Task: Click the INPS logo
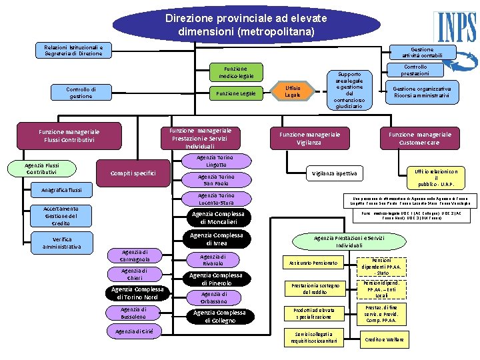455,26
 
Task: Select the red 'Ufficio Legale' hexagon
293,92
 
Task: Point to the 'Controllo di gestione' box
81,93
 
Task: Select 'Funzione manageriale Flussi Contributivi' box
69,136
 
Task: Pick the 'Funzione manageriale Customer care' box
420,138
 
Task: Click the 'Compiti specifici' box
133,174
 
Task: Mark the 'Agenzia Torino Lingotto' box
215,161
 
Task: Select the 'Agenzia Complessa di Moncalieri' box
218,218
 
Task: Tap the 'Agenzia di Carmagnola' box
135,255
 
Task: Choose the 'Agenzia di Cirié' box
133,331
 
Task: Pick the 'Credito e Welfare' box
385,339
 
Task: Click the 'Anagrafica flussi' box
61,191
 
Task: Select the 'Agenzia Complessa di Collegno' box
219,317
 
